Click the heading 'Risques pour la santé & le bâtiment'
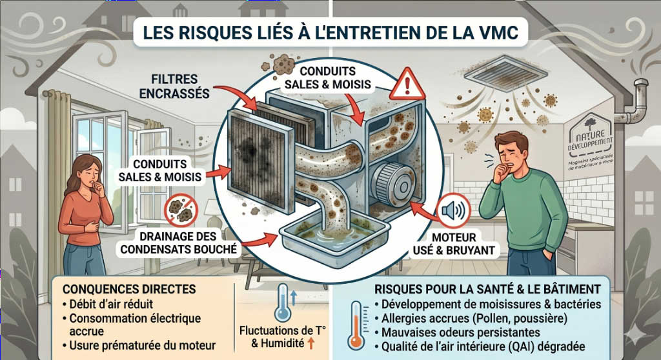[x=487, y=288]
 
